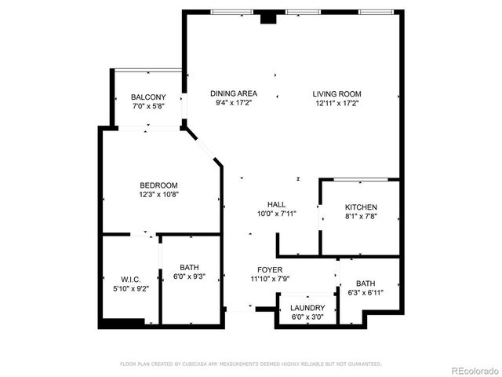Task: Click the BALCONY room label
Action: click(148, 97)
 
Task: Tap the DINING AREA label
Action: click(234, 93)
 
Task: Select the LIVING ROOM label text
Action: click(337, 93)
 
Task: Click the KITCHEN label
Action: click(361, 207)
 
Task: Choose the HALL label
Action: click(276, 203)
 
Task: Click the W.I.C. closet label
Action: click(130, 278)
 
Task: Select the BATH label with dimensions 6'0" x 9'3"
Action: click(189, 267)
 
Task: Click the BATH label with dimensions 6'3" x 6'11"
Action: click(366, 284)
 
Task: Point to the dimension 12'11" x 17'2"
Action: click(337, 103)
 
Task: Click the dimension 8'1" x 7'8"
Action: click(361, 217)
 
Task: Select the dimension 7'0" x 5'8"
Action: click(148, 107)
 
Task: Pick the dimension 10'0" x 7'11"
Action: click(276, 213)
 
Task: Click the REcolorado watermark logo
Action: click(474, 368)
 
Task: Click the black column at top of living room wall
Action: click(269, 18)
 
